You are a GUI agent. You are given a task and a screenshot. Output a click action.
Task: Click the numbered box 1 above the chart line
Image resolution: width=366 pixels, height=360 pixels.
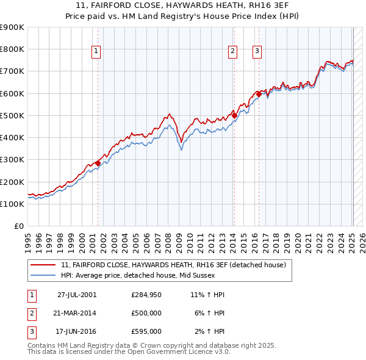coord(97,52)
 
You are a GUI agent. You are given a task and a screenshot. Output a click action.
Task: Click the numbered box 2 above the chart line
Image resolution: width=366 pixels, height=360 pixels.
coord(233,52)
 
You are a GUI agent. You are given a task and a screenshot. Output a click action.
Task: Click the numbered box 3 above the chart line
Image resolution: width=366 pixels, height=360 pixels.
coord(257,52)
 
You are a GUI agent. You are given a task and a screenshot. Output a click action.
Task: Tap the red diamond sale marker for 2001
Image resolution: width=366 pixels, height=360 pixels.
coord(98,163)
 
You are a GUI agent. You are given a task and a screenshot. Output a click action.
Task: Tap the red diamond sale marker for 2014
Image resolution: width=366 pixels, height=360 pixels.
coord(234,115)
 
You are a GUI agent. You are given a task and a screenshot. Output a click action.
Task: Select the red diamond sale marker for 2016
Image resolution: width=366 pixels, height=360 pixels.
coord(259,94)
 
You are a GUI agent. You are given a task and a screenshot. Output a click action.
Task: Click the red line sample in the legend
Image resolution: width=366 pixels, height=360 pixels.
coord(43,265)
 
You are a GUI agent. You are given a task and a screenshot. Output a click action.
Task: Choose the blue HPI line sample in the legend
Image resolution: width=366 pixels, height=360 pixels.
coord(43,275)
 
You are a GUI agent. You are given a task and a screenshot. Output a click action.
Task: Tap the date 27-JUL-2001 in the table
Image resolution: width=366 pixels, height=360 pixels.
coord(77,295)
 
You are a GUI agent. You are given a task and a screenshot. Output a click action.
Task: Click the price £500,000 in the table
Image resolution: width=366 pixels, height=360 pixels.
coord(146,313)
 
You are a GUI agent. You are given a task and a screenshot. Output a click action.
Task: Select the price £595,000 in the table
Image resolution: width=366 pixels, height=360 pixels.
coord(146,331)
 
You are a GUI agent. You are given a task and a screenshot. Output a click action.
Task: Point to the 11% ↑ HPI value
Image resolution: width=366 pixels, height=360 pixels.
coord(208,295)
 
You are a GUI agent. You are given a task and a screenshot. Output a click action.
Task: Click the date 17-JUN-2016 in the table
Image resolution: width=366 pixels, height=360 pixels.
coord(77,331)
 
